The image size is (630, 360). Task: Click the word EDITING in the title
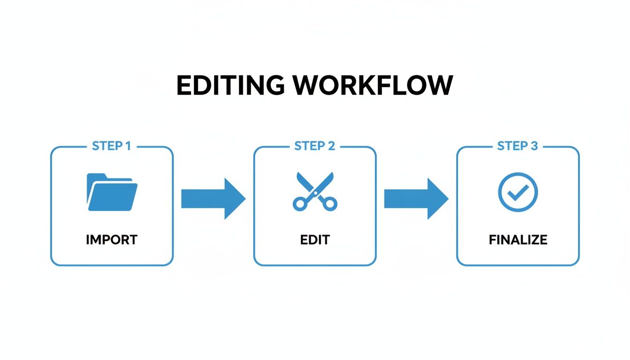click(x=230, y=86)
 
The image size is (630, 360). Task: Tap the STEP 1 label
click(x=111, y=146)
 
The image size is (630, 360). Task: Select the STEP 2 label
click(x=314, y=146)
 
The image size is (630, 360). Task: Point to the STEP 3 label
click(x=517, y=146)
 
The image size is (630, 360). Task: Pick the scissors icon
click(x=315, y=191)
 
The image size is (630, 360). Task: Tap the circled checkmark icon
click(x=517, y=192)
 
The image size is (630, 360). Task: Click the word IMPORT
click(x=112, y=240)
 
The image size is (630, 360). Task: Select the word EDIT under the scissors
click(x=315, y=240)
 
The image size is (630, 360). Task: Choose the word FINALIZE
click(x=518, y=240)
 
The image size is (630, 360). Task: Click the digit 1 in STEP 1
click(x=127, y=146)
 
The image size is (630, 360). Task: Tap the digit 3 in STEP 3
click(x=534, y=146)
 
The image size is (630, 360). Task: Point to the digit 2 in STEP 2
click(x=331, y=146)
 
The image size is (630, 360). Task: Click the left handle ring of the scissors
click(x=300, y=203)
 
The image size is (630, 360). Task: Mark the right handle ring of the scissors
click(x=330, y=203)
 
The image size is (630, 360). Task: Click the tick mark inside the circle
click(x=518, y=192)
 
